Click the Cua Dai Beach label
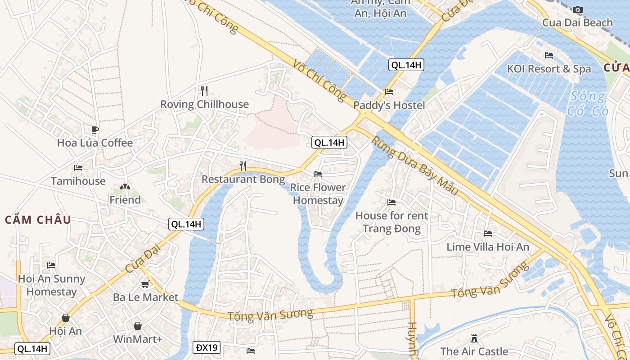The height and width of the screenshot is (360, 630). point(577,22)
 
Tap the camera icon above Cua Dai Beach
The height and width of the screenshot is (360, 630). point(578,9)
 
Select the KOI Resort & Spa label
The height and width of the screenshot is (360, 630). point(549,69)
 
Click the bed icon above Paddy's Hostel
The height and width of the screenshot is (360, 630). point(389,92)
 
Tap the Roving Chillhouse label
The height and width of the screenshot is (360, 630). point(204,104)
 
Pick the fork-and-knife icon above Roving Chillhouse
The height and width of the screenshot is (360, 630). point(204,91)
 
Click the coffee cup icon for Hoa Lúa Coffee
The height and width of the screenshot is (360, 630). point(94,130)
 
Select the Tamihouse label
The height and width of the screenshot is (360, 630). point(78,181)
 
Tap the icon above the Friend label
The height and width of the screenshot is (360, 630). point(125,186)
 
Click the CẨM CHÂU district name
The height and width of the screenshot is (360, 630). point(38,220)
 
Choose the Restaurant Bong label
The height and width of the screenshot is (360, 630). point(243,180)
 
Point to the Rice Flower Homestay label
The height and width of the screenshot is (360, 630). point(318,194)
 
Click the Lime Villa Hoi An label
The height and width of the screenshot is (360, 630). point(488,247)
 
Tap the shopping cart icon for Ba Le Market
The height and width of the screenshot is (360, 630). point(145,284)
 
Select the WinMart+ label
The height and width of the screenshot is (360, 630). point(138,339)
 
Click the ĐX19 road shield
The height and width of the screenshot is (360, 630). point(207,347)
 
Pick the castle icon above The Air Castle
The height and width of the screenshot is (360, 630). point(474,338)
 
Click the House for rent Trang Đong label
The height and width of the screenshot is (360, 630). point(391,222)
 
